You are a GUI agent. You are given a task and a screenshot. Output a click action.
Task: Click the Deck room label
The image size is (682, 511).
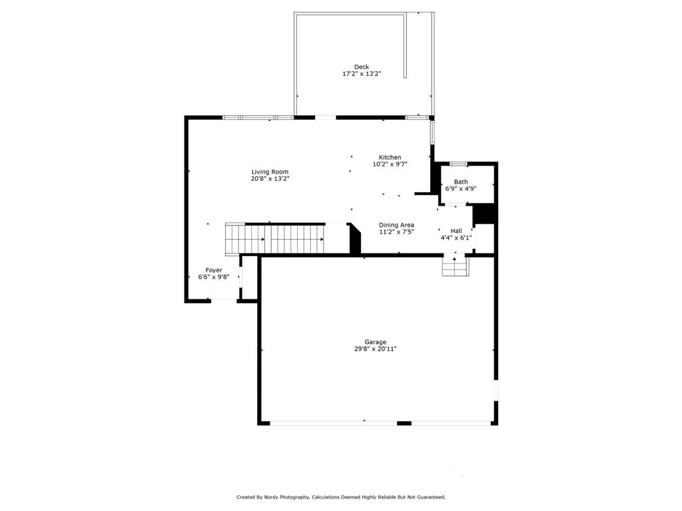[362, 67]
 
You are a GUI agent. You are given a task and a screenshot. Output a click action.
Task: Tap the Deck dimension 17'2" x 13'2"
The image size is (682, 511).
[362, 74]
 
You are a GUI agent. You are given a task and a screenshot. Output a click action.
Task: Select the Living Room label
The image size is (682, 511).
[270, 172]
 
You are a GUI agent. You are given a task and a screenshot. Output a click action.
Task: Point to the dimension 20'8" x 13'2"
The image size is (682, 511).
[270, 179]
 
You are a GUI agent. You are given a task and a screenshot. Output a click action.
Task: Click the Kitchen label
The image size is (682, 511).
[390, 157]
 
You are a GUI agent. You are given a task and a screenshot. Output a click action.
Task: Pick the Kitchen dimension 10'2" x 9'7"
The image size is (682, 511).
[390, 164]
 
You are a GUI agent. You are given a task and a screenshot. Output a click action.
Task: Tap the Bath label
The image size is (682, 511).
[461, 182]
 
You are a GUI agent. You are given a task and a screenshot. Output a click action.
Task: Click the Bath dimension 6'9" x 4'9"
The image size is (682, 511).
[461, 189]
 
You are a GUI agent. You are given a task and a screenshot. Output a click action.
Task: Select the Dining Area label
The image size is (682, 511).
[396, 225]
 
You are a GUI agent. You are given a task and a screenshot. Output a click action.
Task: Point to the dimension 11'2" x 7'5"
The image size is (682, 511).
[396, 232]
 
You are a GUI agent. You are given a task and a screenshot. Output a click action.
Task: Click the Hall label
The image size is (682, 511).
[456, 231]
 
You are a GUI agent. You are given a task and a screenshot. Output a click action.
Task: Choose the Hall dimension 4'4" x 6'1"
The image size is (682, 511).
[456, 238]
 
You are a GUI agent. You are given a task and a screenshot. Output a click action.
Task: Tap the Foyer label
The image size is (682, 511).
[213, 270]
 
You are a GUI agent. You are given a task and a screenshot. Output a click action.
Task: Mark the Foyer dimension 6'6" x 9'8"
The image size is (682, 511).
[213, 277]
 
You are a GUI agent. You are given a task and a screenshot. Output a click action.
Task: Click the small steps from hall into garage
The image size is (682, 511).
[456, 267]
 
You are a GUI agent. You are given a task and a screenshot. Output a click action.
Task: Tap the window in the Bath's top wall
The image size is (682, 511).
[458, 163]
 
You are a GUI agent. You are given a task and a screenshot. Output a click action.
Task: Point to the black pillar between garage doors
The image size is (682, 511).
[404, 423]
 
